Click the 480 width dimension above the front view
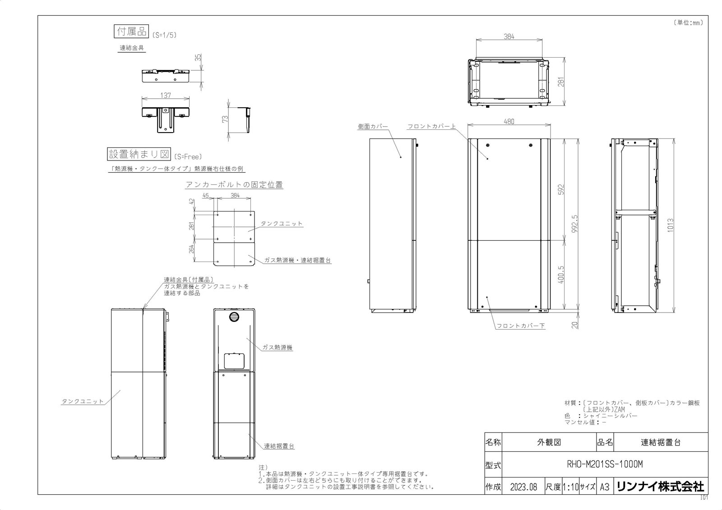(x=509, y=121)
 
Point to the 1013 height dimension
(x=671, y=225)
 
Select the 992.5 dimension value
(x=574, y=224)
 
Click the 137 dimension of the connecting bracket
(x=166, y=96)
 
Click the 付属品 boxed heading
(x=131, y=31)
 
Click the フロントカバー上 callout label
(x=431, y=127)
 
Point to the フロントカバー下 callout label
(x=520, y=325)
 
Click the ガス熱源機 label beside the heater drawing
(x=278, y=348)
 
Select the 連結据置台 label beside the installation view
(x=279, y=446)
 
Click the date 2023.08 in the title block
(x=523, y=487)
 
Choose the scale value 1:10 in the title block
(x=570, y=487)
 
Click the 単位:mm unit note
(x=688, y=23)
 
